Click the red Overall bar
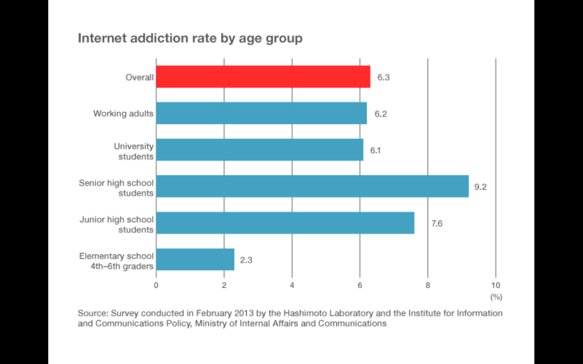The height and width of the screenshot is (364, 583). pyautogui.click(x=263, y=77)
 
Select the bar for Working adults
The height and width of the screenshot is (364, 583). pyautogui.click(x=261, y=113)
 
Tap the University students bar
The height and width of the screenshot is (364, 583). pyautogui.click(x=259, y=150)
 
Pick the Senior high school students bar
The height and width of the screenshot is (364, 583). pyautogui.click(x=312, y=186)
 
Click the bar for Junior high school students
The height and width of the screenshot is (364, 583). pyautogui.click(x=285, y=223)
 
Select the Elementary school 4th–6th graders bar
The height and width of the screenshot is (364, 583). pyautogui.click(x=195, y=260)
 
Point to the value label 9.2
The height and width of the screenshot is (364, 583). pyautogui.click(x=480, y=187)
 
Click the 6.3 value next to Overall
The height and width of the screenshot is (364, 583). pyautogui.click(x=383, y=78)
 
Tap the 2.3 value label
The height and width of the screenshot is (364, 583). pyautogui.click(x=246, y=260)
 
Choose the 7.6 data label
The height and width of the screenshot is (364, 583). pyautogui.click(x=437, y=223)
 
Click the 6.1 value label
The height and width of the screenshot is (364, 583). pyautogui.click(x=375, y=151)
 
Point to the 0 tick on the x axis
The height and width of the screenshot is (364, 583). pyautogui.click(x=156, y=285)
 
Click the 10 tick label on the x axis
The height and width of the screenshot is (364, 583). pyautogui.click(x=496, y=285)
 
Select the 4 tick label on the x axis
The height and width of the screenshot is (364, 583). pyautogui.click(x=292, y=285)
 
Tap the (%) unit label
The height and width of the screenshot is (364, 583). pyautogui.click(x=496, y=297)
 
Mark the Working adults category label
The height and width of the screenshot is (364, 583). pyautogui.click(x=123, y=114)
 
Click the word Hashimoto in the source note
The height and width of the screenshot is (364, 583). pyautogui.click(x=305, y=313)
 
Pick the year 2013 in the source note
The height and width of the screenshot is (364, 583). pyautogui.click(x=244, y=313)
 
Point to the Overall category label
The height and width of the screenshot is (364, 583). pyautogui.click(x=139, y=78)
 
